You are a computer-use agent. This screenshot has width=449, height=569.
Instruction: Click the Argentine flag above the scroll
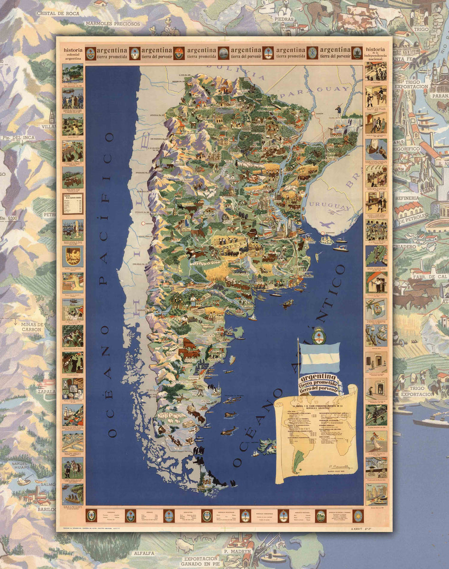(x=320, y=358)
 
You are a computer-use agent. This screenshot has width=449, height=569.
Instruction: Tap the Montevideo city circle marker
(x=322, y=233)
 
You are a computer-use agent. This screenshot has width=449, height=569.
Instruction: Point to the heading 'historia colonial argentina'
(x=73, y=54)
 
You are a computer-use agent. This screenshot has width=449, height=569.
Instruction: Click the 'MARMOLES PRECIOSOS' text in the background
(x=112, y=23)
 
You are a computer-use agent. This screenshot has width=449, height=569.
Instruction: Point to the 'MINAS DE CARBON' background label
(x=32, y=327)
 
